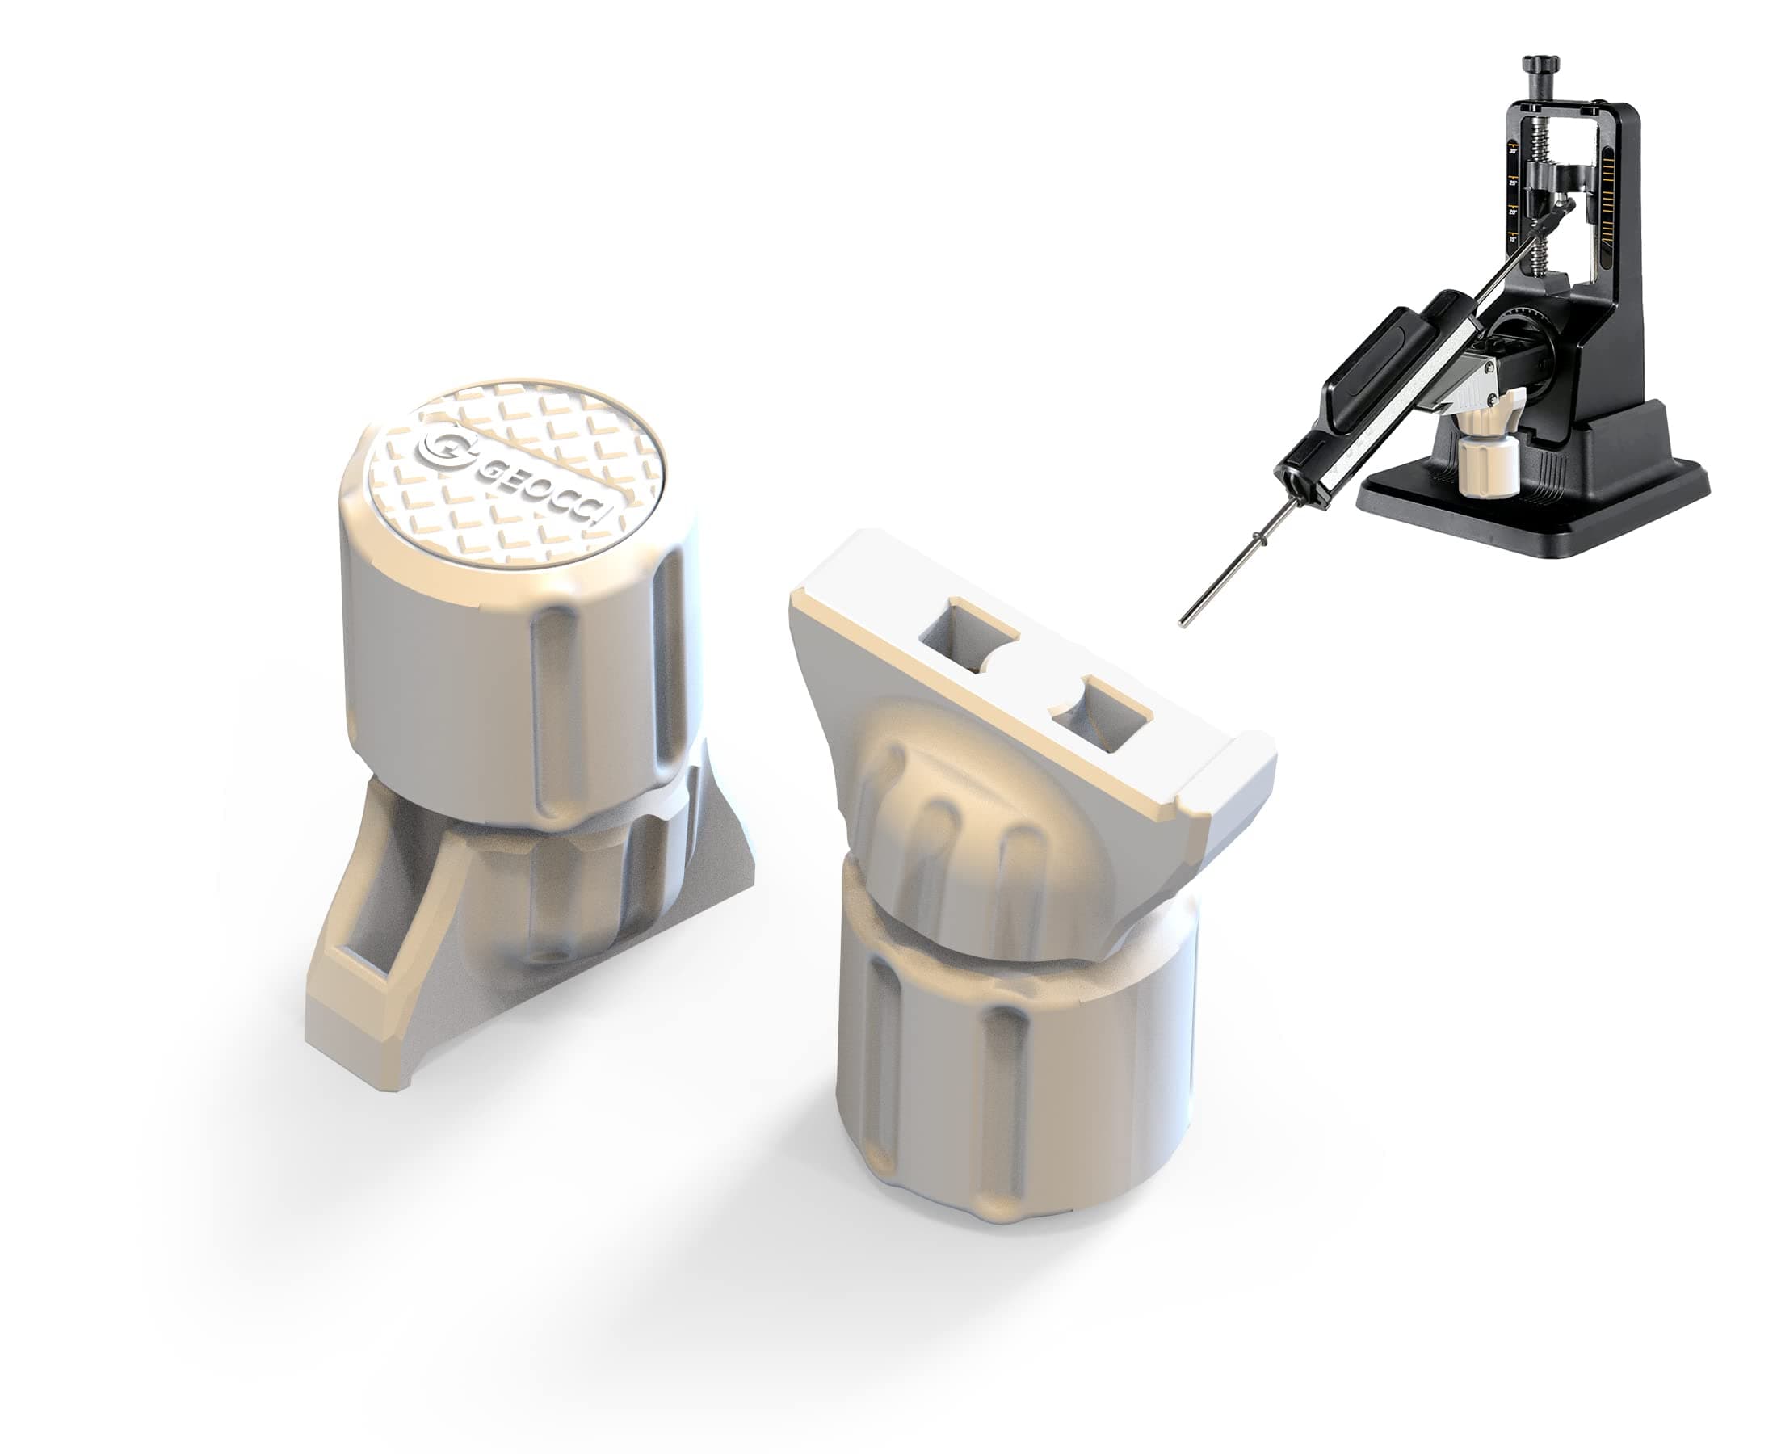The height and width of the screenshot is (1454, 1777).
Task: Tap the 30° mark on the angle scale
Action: coord(1512,152)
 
